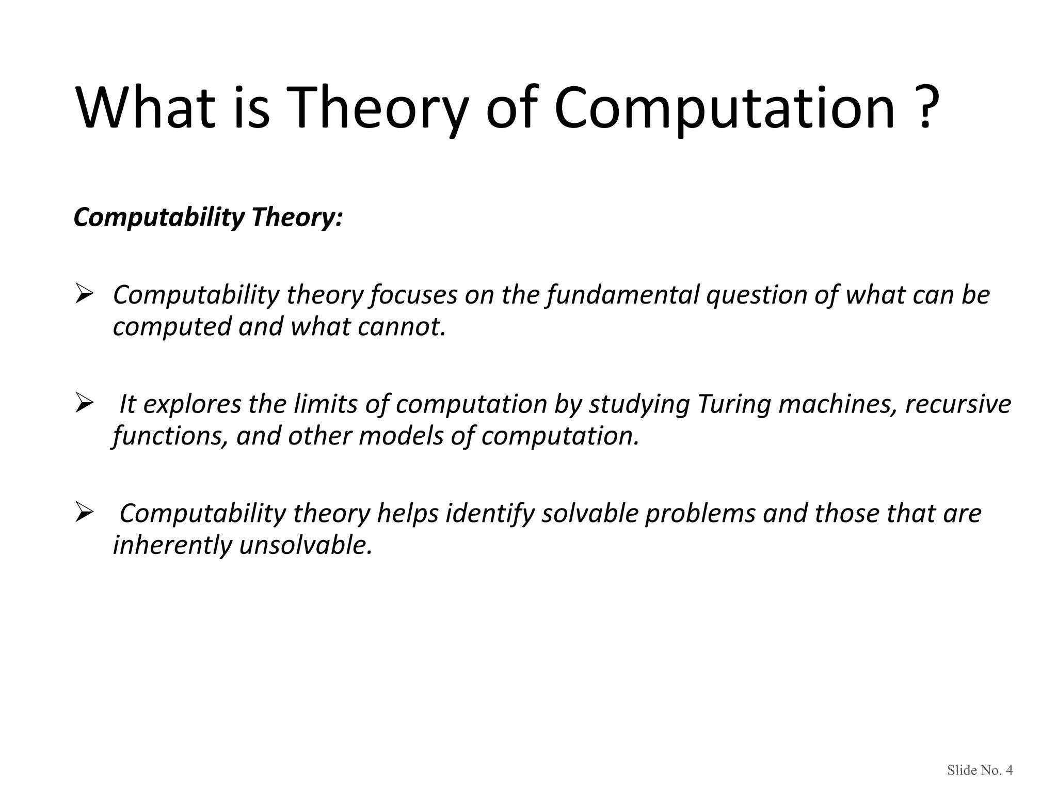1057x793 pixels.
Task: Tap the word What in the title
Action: (146, 109)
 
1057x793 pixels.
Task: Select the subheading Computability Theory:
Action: (208, 217)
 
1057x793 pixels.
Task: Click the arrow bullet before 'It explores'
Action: (84, 403)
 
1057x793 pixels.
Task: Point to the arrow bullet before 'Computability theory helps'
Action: (84, 513)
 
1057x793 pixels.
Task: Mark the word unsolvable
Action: (306, 546)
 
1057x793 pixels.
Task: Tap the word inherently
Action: (172, 546)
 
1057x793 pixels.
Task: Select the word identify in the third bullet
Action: (490, 515)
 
